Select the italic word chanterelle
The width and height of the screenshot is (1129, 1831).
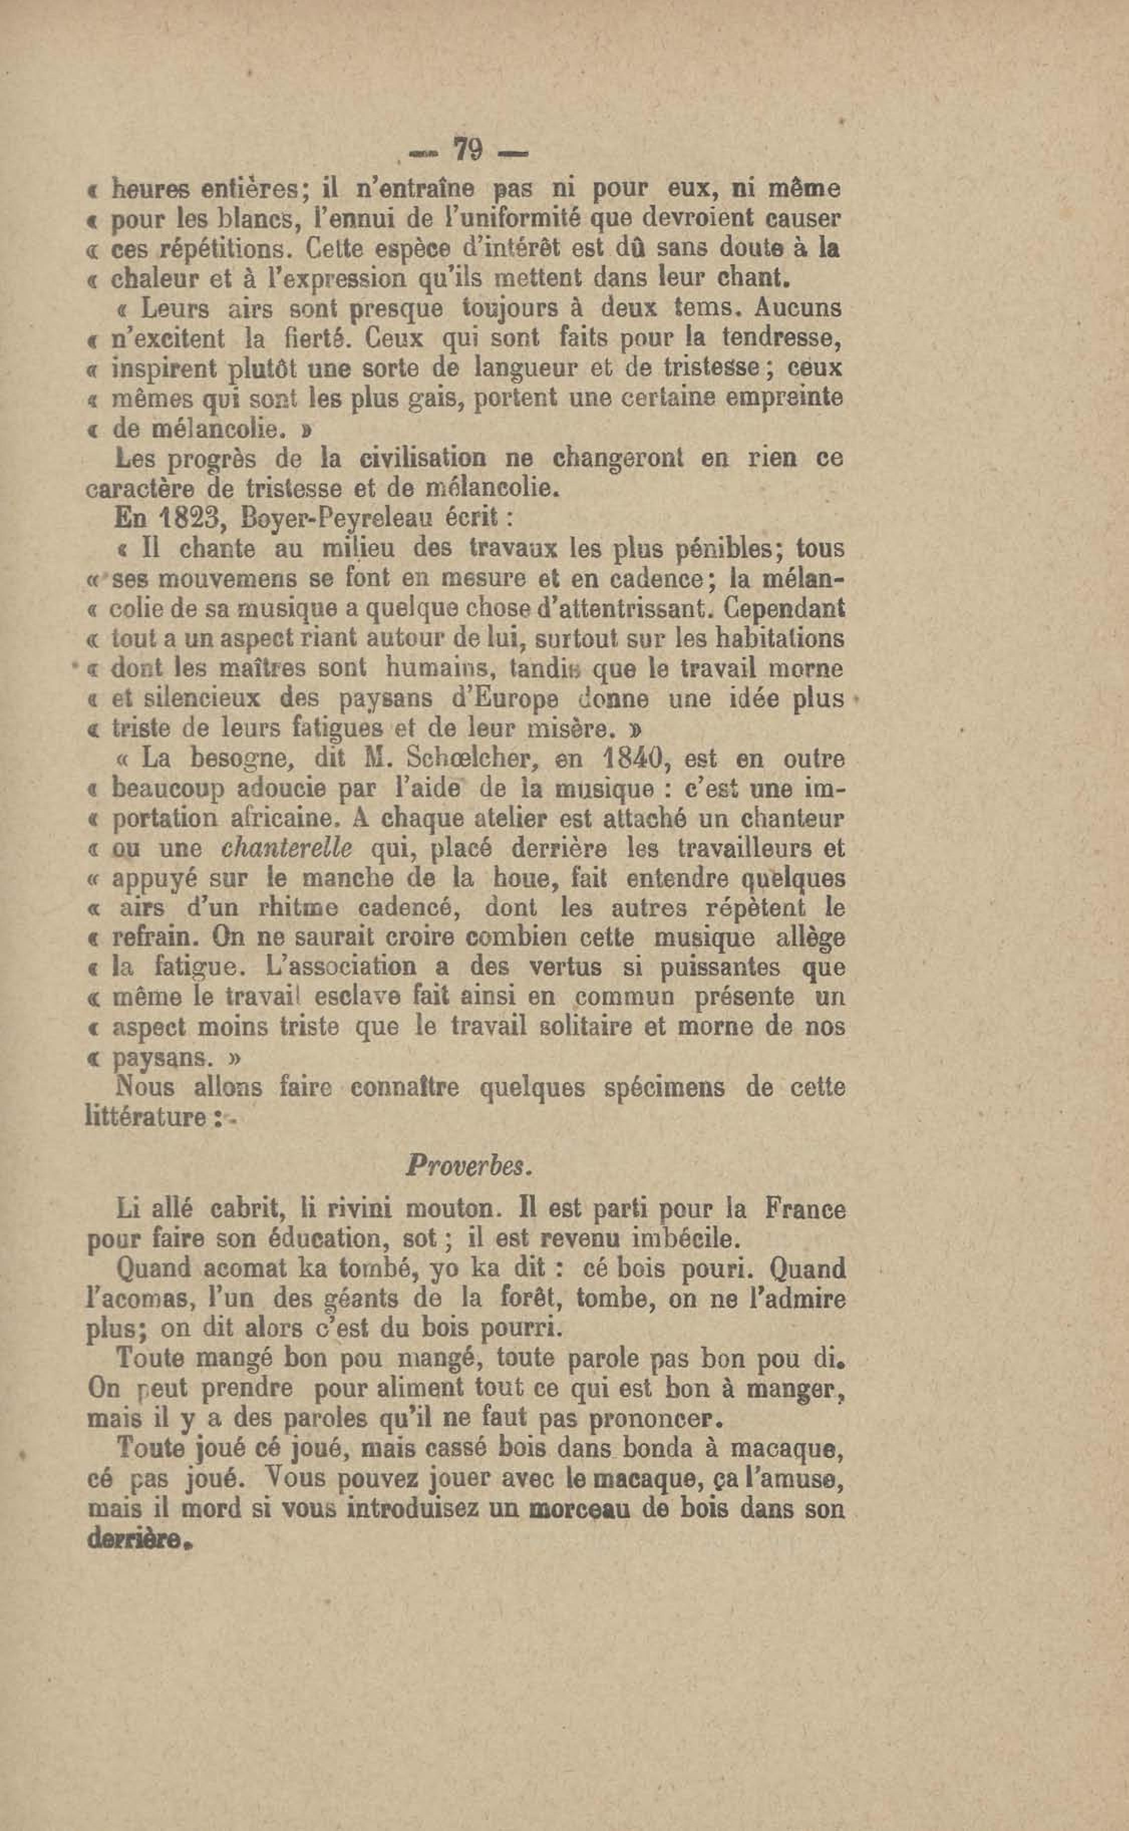pos(287,849)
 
